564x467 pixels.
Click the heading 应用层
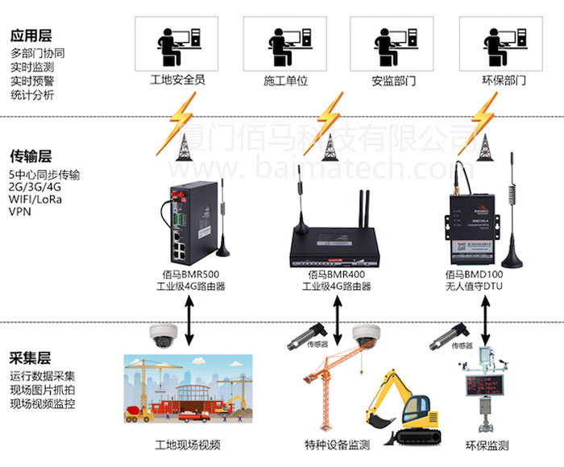(31, 35)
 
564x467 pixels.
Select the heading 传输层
(31, 155)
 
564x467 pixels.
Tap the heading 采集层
(31, 358)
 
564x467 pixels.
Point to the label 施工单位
(286, 81)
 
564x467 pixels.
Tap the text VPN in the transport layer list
(20, 213)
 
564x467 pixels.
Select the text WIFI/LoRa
(35, 200)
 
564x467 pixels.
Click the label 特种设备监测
(332, 445)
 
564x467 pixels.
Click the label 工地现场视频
(187, 445)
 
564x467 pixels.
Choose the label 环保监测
(487, 445)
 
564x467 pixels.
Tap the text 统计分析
(32, 95)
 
